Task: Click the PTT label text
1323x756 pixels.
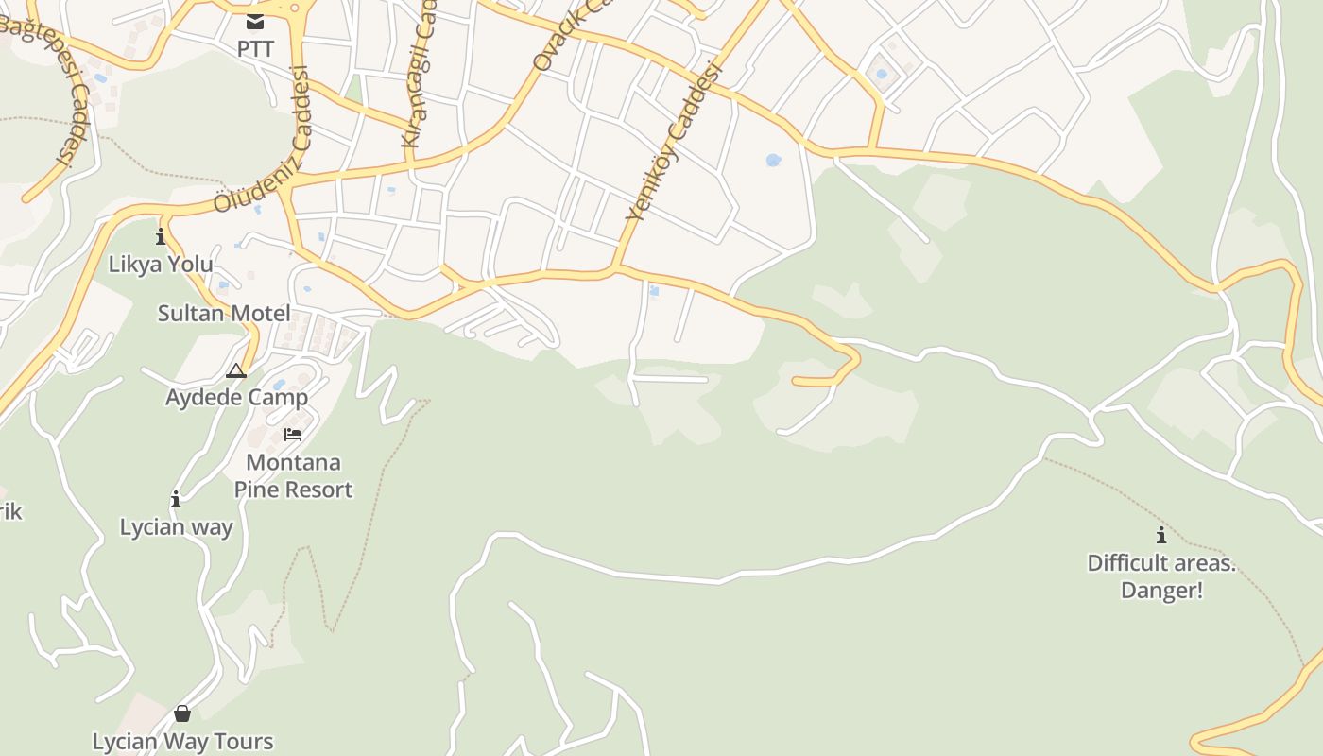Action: point(255,48)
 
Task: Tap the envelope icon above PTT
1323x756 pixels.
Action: point(255,21)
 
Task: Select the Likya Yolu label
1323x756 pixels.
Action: point(161,264)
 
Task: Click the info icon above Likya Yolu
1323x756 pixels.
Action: point(161,235)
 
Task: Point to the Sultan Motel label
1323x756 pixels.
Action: point(224,314)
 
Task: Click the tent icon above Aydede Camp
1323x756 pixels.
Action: point(236,370)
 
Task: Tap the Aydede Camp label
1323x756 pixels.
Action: point(237,397)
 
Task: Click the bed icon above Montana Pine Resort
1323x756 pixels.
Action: point(293,435)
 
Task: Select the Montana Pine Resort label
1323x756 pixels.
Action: point(293,476)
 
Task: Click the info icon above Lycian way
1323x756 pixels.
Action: point(176,499)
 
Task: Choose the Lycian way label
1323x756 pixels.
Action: point(176,527)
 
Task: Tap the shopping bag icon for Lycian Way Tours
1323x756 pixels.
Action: point(182,713)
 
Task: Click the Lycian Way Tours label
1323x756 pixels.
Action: point(182,741)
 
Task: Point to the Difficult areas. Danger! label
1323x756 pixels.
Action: point(1161,576)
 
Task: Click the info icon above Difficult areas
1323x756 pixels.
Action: point(1161,536)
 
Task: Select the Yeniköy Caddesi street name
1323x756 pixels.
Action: point(674,142)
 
